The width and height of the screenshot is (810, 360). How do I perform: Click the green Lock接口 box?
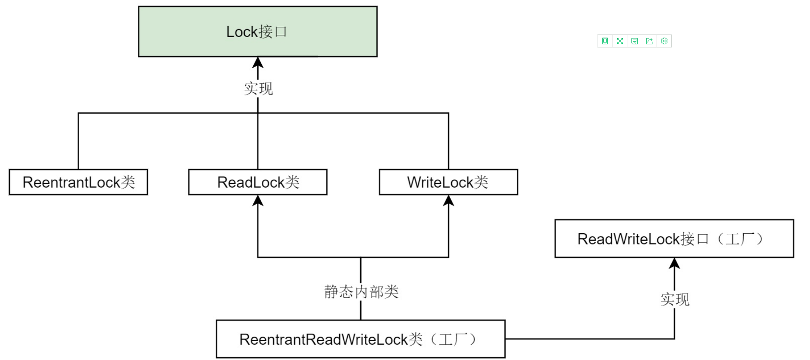(x=257, y=31)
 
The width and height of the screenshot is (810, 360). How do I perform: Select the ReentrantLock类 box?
(x=78, y=182)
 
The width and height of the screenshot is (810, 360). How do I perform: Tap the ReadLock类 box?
(x=258, y=182)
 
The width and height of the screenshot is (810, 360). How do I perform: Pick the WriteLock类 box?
(x=448, y=182)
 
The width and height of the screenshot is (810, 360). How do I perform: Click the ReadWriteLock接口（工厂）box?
(x=674, y=239)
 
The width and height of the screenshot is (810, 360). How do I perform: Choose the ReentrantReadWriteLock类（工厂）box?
(x=360, y=339)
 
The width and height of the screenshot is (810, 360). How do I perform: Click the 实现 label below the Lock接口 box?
(x=258, y=88)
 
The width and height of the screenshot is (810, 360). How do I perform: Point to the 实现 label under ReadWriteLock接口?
(x=675, y=299)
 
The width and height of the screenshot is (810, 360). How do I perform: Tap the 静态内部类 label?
(x=361, y=291)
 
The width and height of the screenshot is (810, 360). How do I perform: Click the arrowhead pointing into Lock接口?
(x=258, y=62)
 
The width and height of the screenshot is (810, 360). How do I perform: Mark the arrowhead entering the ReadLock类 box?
(x=258, y=201)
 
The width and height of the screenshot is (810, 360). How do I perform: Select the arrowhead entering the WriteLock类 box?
(x=448, y=201)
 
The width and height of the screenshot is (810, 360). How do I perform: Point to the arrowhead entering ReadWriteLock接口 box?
(x=674, y=263)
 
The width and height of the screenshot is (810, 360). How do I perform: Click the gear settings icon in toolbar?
(x=664, y=41)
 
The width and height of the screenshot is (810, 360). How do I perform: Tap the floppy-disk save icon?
(x=635, y=41)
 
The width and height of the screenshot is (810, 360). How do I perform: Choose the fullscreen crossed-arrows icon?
(x=620, y=41)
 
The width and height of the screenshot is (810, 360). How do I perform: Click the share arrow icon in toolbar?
(x=649, y=41)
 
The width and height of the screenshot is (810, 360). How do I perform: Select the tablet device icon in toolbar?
(x=605, y=41)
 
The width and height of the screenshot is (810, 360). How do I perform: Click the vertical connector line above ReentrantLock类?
(x=78, y=141)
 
